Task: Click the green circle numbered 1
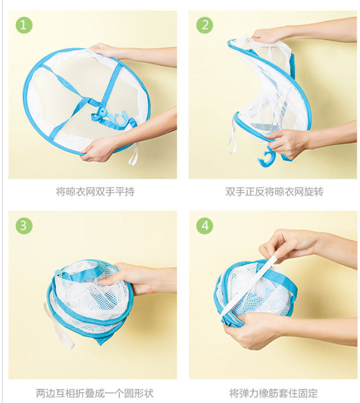[24, 25]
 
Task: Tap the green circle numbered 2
[204, 25]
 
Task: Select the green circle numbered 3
[24, 226]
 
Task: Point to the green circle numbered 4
[204, 226]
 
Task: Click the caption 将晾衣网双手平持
[95, 192]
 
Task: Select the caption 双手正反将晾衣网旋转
[274, 192]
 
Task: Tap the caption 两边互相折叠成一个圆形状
[95, 393]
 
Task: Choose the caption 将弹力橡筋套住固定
[274, 393]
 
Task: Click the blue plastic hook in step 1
[110, 118]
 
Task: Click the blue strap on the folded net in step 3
[82, 272]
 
